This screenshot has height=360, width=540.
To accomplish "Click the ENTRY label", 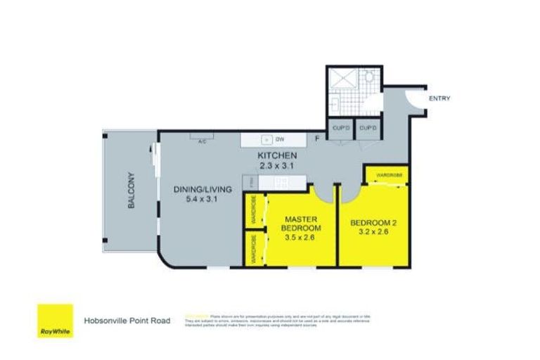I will point(439,98).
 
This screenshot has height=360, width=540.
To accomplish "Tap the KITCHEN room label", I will point(277,155).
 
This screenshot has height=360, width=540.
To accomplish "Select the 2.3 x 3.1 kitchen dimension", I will point(277,166).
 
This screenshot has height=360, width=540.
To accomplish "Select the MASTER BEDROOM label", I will point(301,224).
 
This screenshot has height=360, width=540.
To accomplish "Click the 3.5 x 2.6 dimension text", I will point(301,239).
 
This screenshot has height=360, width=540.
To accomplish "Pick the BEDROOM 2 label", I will point(373,224).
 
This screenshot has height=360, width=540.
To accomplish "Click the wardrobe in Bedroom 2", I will point(387,173).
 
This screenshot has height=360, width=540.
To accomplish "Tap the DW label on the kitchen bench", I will point(278,139).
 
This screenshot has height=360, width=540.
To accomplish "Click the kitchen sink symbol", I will point(265,139).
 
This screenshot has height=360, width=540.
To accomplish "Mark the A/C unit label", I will point(202,140).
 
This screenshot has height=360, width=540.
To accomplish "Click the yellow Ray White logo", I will point(55,321).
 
